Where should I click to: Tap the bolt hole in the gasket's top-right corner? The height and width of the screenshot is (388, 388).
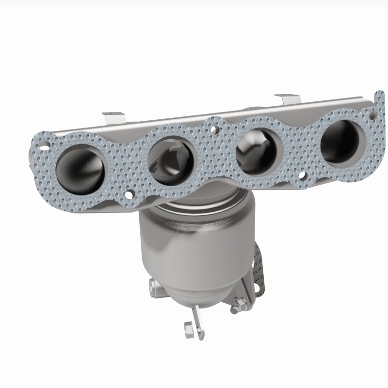click(372, 115)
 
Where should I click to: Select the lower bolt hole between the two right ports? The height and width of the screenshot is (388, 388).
click(302, 177)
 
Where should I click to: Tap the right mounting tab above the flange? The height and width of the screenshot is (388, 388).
click(288, 99)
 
